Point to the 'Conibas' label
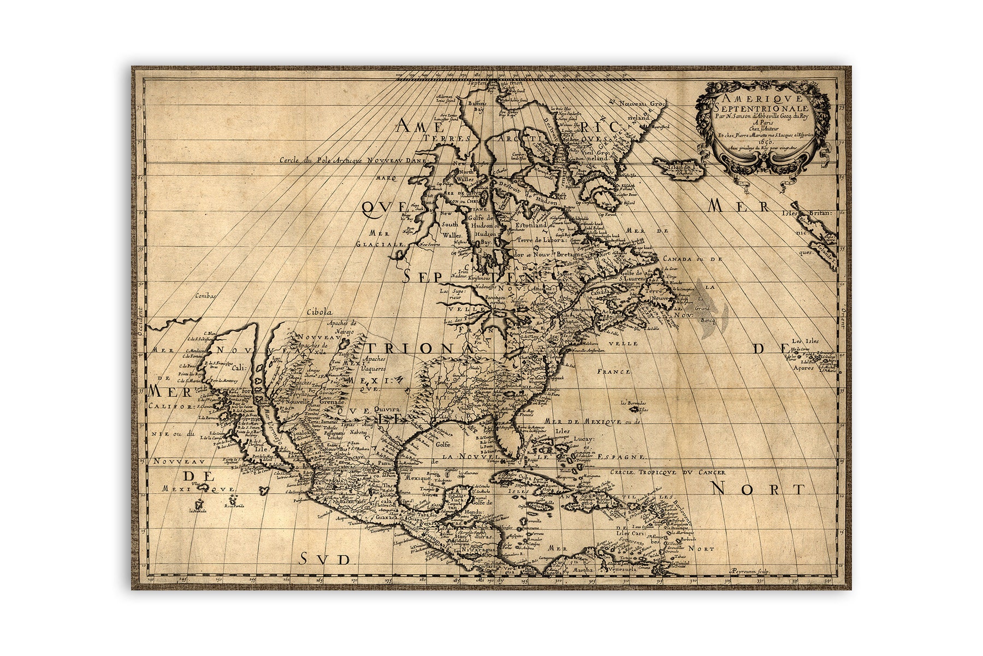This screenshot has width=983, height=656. click(205, 296)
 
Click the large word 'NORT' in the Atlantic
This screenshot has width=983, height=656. click(759, 488)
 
